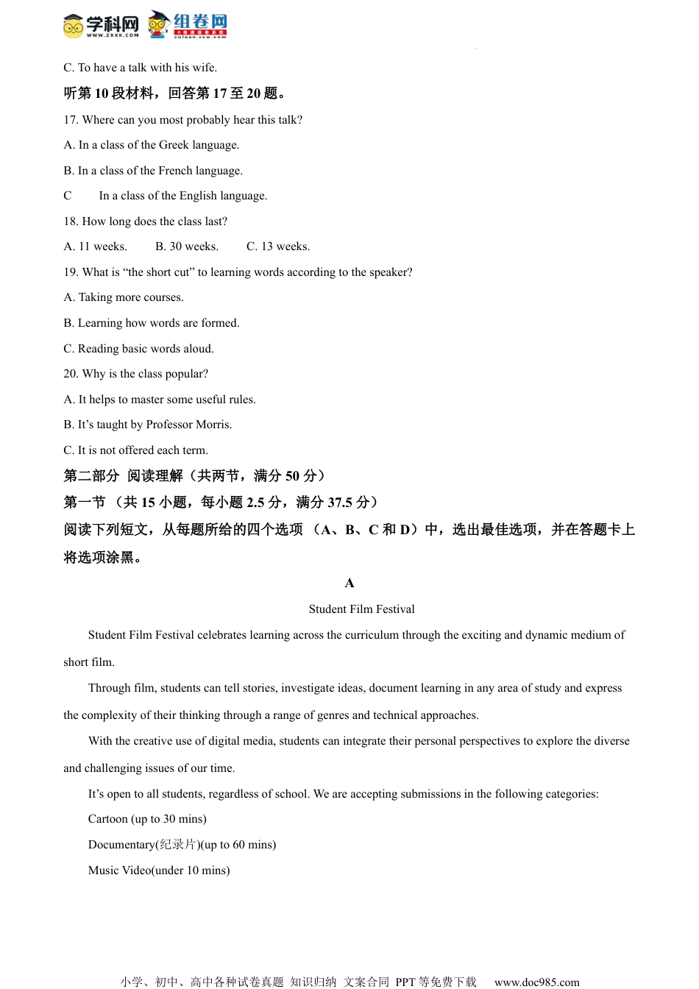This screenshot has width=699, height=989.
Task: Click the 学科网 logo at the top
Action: coord(101,25)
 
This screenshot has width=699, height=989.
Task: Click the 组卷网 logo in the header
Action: coord(188,24)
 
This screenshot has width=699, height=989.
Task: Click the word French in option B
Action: coord(175,171)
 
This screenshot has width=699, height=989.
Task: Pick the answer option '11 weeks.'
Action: coord(102,247)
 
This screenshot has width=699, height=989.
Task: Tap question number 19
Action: coord(71,272)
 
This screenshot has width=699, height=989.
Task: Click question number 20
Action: coord(71,374)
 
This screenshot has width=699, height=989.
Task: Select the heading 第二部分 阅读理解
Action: coord(123,476)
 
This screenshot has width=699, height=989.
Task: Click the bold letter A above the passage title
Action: coord(349,584)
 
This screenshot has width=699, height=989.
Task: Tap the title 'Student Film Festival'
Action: coord(361,609)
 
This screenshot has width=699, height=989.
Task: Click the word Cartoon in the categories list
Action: coord(107,819)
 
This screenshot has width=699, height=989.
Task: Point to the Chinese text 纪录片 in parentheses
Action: coord(178,845)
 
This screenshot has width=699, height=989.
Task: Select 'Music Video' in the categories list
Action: coord(119,871)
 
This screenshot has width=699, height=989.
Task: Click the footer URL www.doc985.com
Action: coord(536,982)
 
